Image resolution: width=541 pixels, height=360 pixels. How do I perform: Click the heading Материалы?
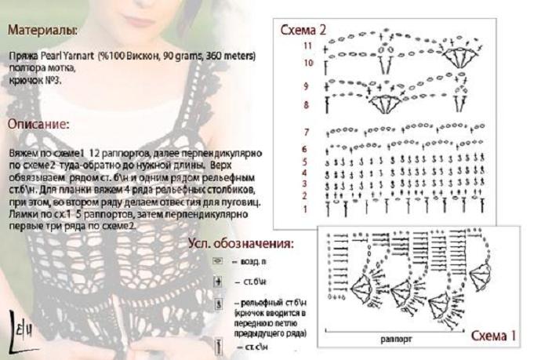42,31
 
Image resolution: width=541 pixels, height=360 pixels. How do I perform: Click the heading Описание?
38,124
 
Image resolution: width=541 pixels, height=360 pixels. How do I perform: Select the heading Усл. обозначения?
241,244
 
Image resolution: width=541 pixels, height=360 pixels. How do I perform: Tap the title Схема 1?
494,336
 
